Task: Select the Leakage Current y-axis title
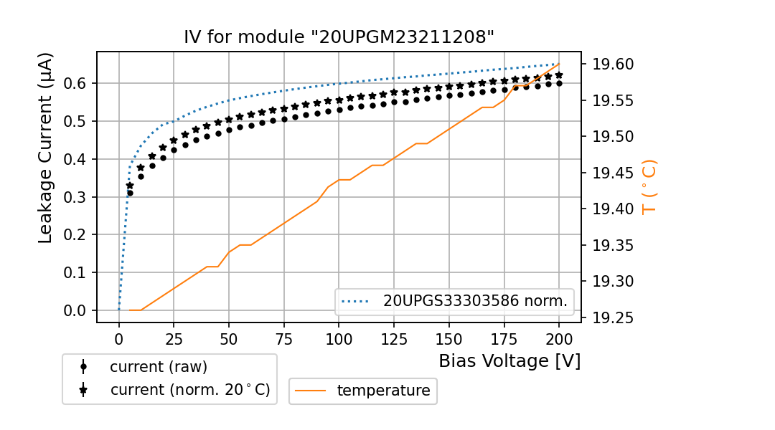pyautogui.click(x=45, y=148)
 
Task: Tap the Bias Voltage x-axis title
pyautogui.click(x=509, y=360)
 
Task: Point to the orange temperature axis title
pyautogui.click(x=649, y=186)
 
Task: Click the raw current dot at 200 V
pyautogui.click(x=559, y=83)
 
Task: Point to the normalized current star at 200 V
pyautogui.click(x=559, y=75)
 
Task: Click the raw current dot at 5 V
pyautogui.click(x=130, y=193)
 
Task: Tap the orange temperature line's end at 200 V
pyautogui.click(x=559, y=64)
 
